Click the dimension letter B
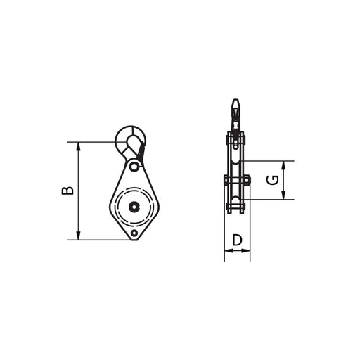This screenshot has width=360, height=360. [67, 191]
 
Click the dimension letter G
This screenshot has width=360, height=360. [273, 180]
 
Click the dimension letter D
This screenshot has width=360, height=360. [237, 240]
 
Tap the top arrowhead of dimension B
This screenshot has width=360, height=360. [79, 146]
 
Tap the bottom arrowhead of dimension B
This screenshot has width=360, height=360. [79, 236]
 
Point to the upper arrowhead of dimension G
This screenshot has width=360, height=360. [283, 165]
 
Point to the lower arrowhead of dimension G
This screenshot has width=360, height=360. [283, 195]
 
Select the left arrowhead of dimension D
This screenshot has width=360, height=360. [229, 251]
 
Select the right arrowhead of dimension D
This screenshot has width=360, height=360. [246, 251]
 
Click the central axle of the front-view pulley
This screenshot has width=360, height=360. [134, 207]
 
